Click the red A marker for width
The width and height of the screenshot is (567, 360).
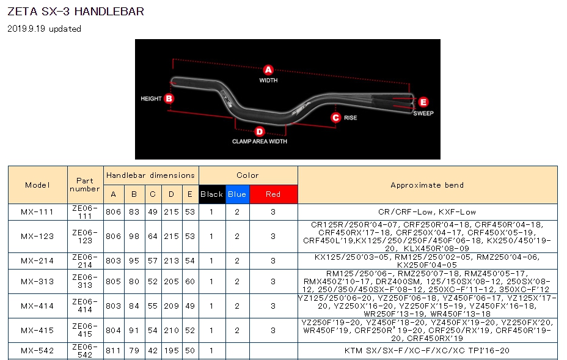[268, 70]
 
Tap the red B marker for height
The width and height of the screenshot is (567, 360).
[169, 98]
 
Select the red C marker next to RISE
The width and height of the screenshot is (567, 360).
[336, 117]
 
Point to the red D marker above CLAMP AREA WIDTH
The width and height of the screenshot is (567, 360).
[260, 131]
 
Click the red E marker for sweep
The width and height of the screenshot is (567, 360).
[423, 102]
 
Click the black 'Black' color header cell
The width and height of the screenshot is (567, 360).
[212, 194]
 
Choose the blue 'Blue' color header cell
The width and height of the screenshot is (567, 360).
[237, 194]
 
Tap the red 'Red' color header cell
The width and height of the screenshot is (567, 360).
[273, 194]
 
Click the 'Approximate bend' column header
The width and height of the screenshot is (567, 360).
[428, 185]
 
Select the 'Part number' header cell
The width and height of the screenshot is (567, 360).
[85, 185]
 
